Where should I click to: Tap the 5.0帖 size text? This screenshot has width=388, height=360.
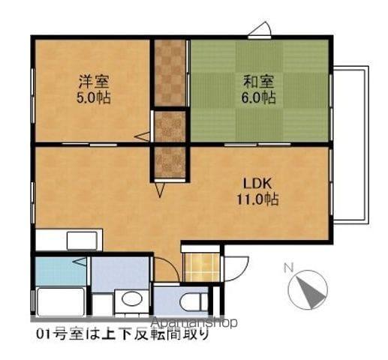pos(93,97)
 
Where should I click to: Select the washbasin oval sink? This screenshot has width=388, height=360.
pos(132,299)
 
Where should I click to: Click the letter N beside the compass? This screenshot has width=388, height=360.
pos(287,266)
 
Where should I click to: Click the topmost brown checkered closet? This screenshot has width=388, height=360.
pos(170,73)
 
